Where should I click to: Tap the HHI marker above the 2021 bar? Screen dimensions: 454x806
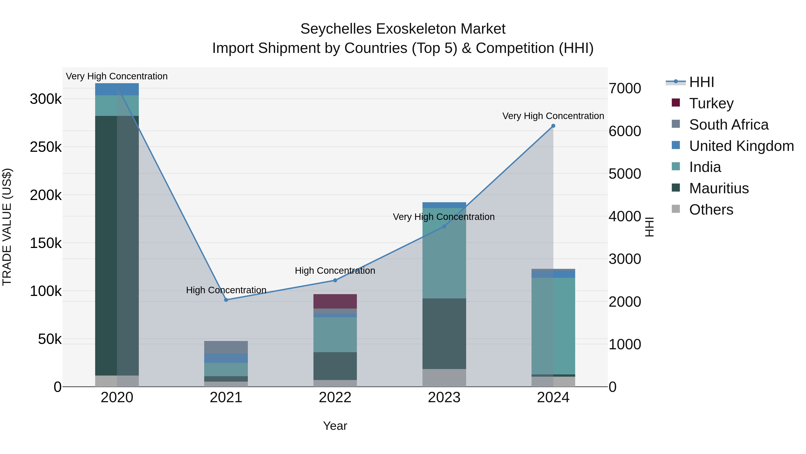(x=226, y=300)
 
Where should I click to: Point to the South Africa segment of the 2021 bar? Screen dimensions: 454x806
(x=226, y=347)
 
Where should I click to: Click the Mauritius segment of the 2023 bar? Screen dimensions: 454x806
(x=444, y=333)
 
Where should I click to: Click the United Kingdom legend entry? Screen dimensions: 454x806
(x=741, y=146)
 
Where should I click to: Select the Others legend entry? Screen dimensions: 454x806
(x=711, y=210)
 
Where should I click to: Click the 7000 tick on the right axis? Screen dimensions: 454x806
(x=624, y=88)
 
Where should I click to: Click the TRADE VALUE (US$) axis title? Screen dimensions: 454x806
(x=7, y=227)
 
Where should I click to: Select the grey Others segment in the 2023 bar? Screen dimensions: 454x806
(x=444, y=378)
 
